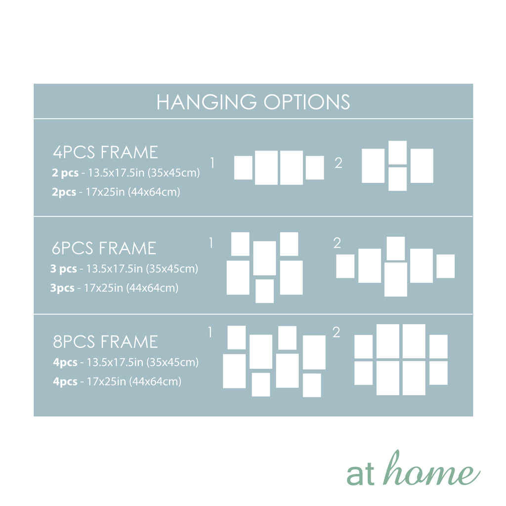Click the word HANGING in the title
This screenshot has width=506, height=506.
[x=207, y=102]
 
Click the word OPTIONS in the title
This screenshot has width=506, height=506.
[x=307, y=102]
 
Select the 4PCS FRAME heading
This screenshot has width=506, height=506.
[x=106, y=152]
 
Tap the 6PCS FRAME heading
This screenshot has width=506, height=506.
[x=104, y=248]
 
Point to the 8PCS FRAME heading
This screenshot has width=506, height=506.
[x=106, y=342]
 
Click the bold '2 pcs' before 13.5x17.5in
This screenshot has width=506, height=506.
[x=65, y=172]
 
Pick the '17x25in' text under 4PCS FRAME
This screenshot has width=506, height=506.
[x=105, y=192]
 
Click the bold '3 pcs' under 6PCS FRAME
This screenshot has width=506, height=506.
[x=64, y=268]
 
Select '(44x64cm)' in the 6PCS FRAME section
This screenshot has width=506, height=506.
[x=152, y=288]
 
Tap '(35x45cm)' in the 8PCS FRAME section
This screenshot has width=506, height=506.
[x=172, y=362]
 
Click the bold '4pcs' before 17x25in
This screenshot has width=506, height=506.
[x=65, y=381]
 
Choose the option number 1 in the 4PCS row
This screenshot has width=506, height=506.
[x=212, y=163]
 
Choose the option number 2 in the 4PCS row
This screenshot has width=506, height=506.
[x=338, y=163]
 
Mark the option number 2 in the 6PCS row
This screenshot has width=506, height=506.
[x=337, y=243]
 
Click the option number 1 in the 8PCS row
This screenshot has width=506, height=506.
[x=211, y=333]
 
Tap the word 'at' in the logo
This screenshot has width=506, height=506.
[x=360, y=475]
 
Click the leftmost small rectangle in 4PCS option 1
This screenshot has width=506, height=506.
[x=243, y=168]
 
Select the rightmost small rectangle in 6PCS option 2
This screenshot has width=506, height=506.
[x=446, y=266]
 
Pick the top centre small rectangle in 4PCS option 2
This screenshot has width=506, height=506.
[x=398, y=153]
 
